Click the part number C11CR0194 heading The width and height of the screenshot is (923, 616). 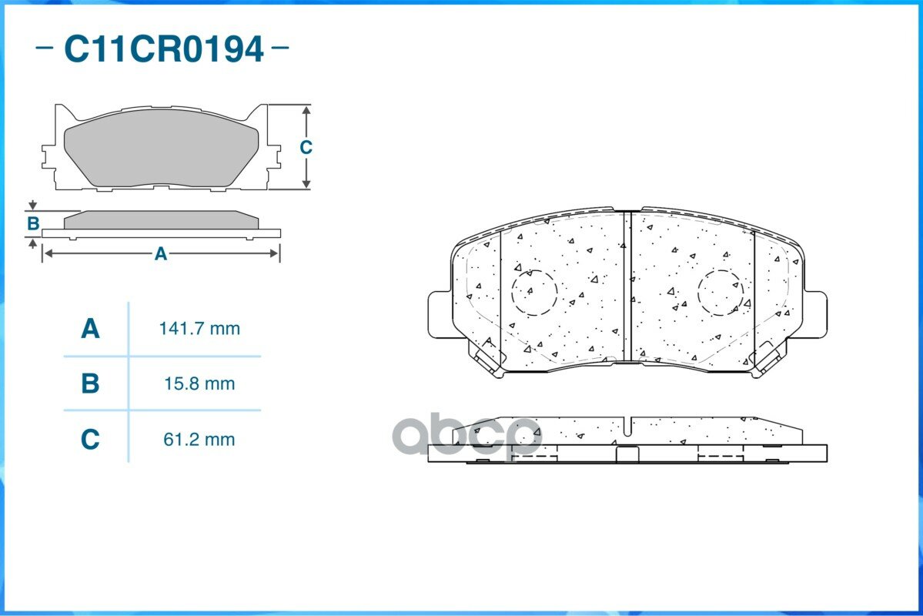[163, 49]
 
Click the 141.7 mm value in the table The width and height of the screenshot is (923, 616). [199, 329]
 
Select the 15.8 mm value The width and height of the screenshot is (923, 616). [199, 383]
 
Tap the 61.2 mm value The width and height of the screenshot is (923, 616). [199, 440]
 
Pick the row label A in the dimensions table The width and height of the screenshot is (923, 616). [90, 329]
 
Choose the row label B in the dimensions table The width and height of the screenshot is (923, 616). [90, 383]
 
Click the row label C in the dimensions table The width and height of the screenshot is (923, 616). [90, 440]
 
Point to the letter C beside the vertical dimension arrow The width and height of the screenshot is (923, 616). [306, 146]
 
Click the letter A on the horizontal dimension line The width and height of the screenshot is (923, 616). [161, 254]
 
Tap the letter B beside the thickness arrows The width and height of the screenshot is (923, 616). [33, 224]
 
